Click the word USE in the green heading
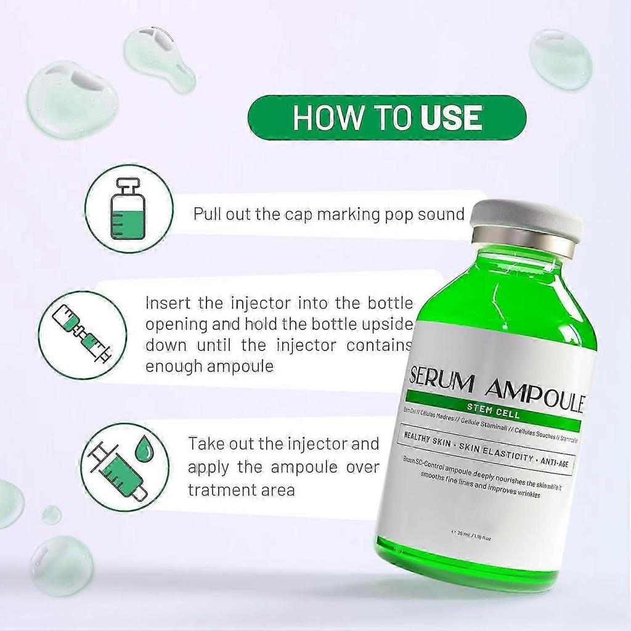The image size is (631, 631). click(451, 118)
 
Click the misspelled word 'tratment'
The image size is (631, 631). click(219, 490)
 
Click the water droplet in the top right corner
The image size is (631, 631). click(560, 59)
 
